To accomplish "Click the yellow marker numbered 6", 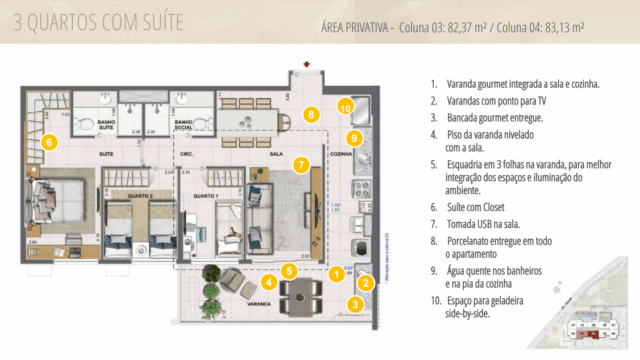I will click(49, 142).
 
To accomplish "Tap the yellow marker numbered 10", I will click(345, 105).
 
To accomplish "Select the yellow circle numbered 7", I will click(300, 165).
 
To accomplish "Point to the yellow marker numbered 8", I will click(312, 116).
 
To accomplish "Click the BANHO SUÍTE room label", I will click(107, 128).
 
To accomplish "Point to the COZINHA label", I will click(343, 156).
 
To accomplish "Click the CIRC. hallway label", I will click(186, 156).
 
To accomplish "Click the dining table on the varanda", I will click(299, 291).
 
